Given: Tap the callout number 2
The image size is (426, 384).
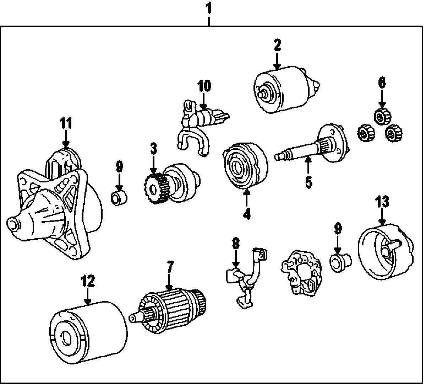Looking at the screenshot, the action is (278, 45).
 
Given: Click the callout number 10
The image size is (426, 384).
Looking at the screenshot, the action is (204, 86).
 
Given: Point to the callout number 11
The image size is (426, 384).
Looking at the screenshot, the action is (66, 123).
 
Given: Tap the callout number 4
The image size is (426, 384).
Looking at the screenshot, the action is (247, 213).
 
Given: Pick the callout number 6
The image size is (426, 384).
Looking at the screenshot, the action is (382, 83).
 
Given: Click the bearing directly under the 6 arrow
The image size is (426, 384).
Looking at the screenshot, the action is (382, 116).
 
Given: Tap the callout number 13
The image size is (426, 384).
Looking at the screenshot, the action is (382, 202).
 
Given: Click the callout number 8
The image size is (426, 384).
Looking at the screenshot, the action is (236, 243).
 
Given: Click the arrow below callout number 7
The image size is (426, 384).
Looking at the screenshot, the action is (169, 282).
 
